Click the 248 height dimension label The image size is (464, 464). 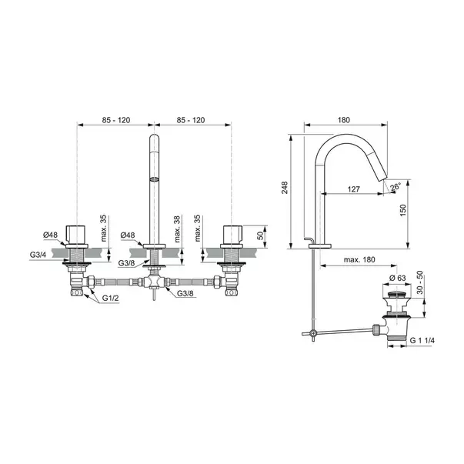pyautogui.click(x=285, y=188)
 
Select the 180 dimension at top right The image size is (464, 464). pyautogui.click(x=343, y=120)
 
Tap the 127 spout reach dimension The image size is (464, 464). pyautogui.click(x=353, y=189)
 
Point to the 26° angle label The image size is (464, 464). pyautogui.click(x=395, y=187)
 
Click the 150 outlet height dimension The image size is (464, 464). pyautogui.click(x=403, y=210)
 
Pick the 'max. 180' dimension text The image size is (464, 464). pyautogui.click(x=359, y=260)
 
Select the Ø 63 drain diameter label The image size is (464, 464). pyautogui.click(x=397, y=278)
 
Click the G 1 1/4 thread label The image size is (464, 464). pyautogui.click(x=422, y=341)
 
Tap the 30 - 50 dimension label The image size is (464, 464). pyautogui.click(x=419, y=282)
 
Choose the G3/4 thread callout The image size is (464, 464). pyautogui.click(x=38, y=255)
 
